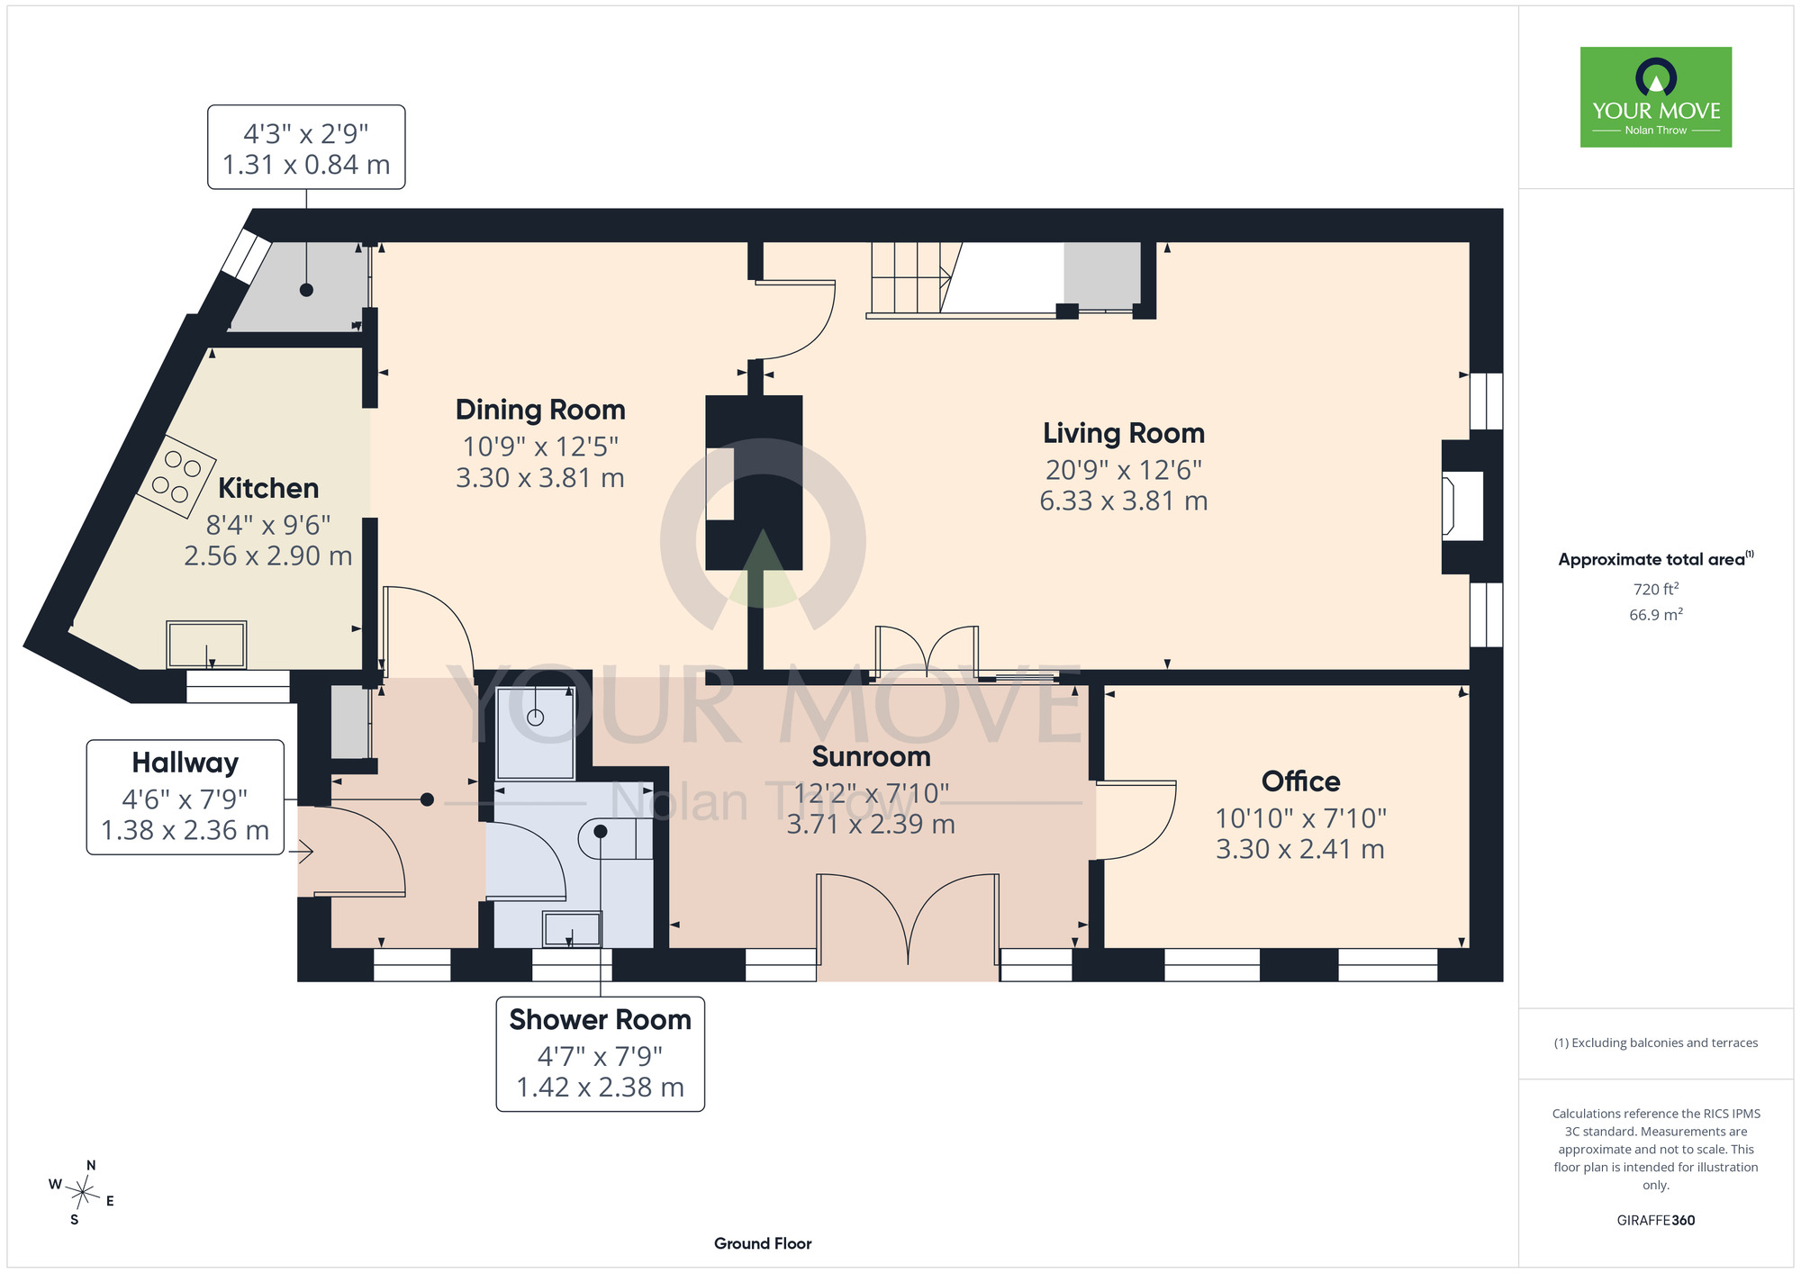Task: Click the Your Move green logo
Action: pyautogui.click(x=1656, y=97)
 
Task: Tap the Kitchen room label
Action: pyautogui.click(x=268, y=488)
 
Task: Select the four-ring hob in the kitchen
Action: pyautogui.click(x=176, y=476)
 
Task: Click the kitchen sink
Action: pyautogui.click(x=206, y=645)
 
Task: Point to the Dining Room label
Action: pyautogui.click(x=540, y=410)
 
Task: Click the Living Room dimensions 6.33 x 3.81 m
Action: pyautogui.click(x=1124, y=501)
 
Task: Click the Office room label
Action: pyautogui.click(x=1300, y=781)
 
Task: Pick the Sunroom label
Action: pyautogui.click(x=871, y=757)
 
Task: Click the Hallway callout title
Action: pyautogui.click(x=186, y=763)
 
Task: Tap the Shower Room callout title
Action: pyautogui.click(x=600, y=1020)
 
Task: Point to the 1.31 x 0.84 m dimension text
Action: pyautogui.click(x=306, y=165)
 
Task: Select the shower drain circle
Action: pyautogui.click(x=536, y=718)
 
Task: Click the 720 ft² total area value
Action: pyautogui.click(x=1656, y=589)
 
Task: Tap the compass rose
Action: pyautogui.click(x=82, y=1194)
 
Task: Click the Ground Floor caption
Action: pyautogui.click(x=763, y=1243)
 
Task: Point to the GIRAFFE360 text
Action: pyautogui.click(x=1656, y=1221)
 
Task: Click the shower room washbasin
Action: pyautogui.click(x=572, y=929)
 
